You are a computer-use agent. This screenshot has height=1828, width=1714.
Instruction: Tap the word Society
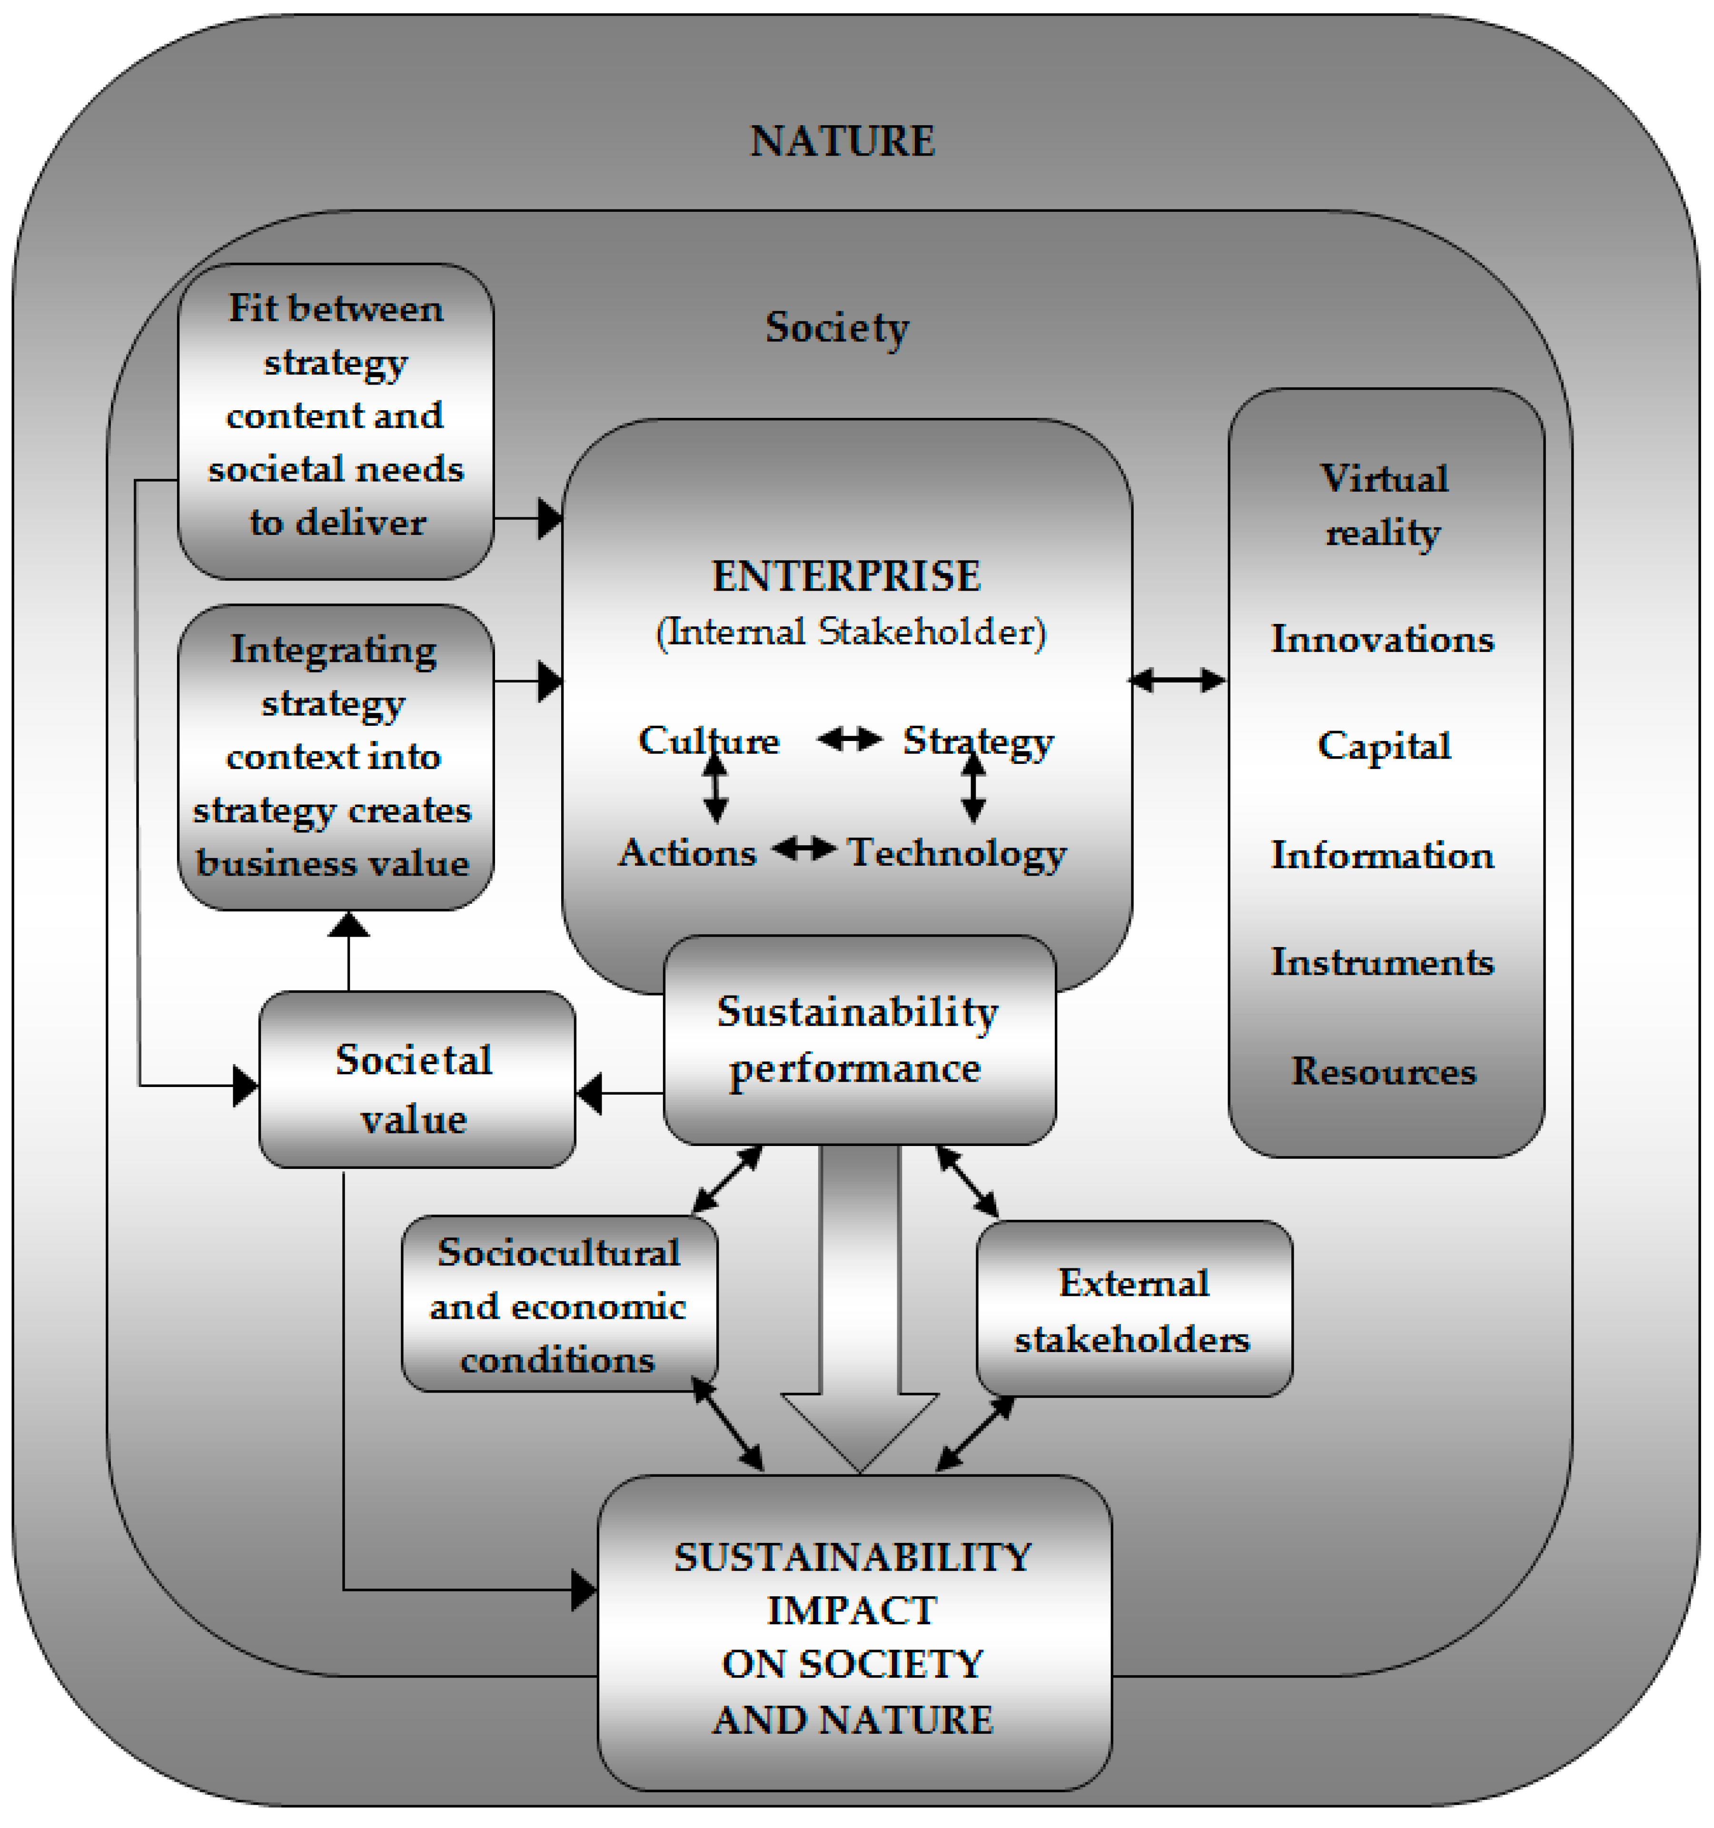(x=837, y=327)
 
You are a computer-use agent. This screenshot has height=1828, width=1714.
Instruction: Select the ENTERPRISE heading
(x=846, y=576)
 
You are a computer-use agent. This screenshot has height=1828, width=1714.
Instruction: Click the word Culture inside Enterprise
(x=709, y=740)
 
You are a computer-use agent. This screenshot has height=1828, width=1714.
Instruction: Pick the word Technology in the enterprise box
(x=956, y=852)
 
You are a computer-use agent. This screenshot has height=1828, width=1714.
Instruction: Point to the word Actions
(x=687, y=852)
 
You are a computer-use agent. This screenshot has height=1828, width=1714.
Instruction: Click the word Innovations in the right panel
(x=1382, y=639)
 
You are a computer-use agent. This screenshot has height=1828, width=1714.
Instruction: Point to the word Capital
(x=1384, y=746)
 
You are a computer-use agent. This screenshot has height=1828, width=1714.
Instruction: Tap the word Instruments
(x=1382, y=962)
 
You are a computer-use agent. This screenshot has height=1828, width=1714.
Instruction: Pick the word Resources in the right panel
(x=1384, y=1071)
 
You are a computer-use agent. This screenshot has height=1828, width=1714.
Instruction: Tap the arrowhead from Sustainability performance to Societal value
(x=589, y=1093)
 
